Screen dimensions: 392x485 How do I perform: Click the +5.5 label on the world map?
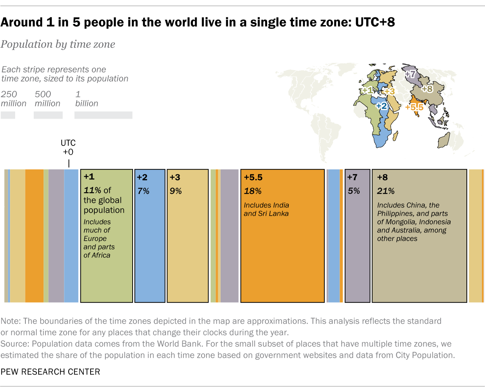coord(414,107)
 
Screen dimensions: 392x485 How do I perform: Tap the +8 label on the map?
coord(427,89)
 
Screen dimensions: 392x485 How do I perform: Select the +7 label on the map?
coord(410,74)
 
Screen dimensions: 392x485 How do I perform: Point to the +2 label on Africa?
coord(382,106)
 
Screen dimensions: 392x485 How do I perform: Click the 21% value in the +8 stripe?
coord(386,191)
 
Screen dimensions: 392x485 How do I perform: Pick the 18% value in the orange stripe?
coord(253,191)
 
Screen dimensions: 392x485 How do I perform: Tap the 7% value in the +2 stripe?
coord(143,191)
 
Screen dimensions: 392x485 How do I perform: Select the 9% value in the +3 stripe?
coord(176,191)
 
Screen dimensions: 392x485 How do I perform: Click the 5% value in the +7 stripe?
coord(354,191)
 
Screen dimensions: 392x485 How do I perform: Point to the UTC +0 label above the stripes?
coord(68,147)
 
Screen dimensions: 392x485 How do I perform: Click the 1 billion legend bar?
coord(103,115)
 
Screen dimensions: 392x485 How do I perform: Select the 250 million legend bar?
coord(8,115)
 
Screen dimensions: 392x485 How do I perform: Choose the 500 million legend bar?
coord(48,115)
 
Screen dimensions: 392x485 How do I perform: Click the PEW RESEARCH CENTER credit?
coord(50,372)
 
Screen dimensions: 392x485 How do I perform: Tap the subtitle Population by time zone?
coord(58,44)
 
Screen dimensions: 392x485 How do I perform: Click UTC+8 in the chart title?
coord(375,22)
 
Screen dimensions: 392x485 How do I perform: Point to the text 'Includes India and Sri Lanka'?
coord(266,209)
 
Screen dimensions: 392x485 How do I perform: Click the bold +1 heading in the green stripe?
coord(89,177)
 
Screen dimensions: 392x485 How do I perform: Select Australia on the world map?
coord(443,141)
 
